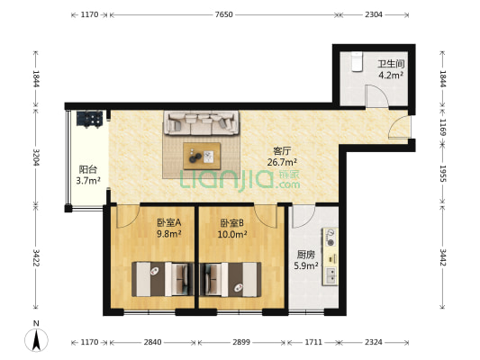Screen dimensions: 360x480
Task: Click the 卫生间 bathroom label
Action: click(x=389, y=64)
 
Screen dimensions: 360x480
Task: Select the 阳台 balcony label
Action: click(x=87, y=168)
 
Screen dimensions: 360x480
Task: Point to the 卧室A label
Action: click(x=168, y=221)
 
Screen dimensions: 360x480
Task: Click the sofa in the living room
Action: click(x=201, y=122)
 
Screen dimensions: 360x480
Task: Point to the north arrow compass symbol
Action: click(x=35, y=339)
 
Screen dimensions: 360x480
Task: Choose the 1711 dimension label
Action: click(x=312, y=343)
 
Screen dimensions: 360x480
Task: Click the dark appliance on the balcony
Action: click(x=91, y=118)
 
